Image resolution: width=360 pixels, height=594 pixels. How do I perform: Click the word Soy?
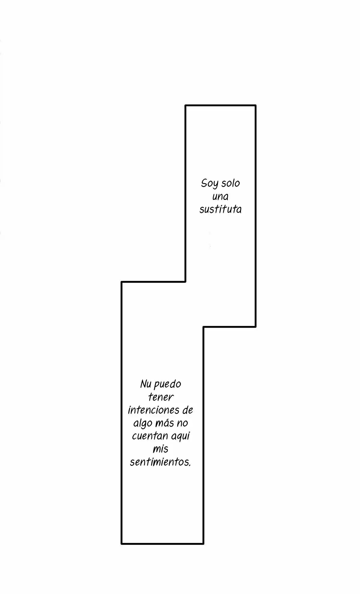tap(208, 183)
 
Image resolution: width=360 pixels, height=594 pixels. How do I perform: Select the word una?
tap(220, 197)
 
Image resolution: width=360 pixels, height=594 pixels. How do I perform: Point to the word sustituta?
tap(220, 209)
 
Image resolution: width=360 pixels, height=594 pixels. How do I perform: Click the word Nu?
tap(145, 384)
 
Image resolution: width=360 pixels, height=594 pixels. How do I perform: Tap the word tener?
tap(161, 397)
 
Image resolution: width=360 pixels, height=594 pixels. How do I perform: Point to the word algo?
tap(142, 424)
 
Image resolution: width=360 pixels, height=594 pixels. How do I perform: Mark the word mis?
tap(160, 449)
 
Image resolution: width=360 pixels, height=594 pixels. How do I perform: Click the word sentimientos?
tap(159, 462)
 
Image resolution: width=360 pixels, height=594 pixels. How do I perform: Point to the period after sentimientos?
tap(190, 465)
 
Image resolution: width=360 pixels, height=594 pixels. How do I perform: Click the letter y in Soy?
tap(212, 185)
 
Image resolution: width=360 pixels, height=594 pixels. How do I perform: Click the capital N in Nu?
tap(143, 384)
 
